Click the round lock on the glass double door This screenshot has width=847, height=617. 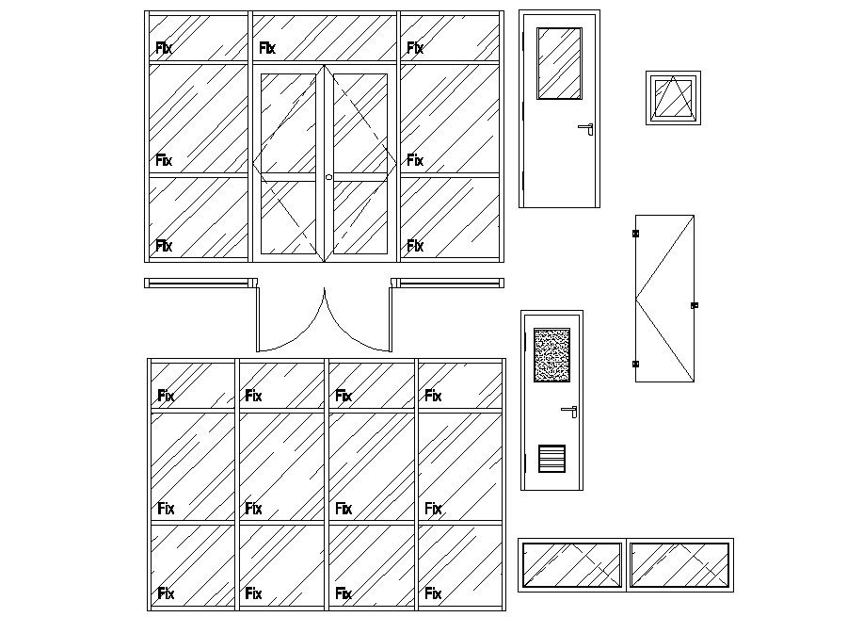328,177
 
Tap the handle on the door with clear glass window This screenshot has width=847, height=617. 587,127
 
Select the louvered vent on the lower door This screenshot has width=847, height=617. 552,458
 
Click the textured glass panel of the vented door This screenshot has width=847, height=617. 551,355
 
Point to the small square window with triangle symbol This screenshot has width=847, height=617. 673,97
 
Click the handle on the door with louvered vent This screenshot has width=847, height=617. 569,410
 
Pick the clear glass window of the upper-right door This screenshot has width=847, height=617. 559,62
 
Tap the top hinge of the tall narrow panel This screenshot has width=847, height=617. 635,233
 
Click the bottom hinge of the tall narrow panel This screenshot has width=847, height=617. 635,364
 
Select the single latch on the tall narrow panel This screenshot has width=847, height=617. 695,305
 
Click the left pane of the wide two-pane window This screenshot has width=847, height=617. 572,565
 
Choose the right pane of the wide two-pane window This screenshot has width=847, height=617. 679,565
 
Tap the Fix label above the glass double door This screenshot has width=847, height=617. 267,47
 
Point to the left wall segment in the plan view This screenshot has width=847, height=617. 200,282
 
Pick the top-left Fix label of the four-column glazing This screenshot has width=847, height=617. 166,396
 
